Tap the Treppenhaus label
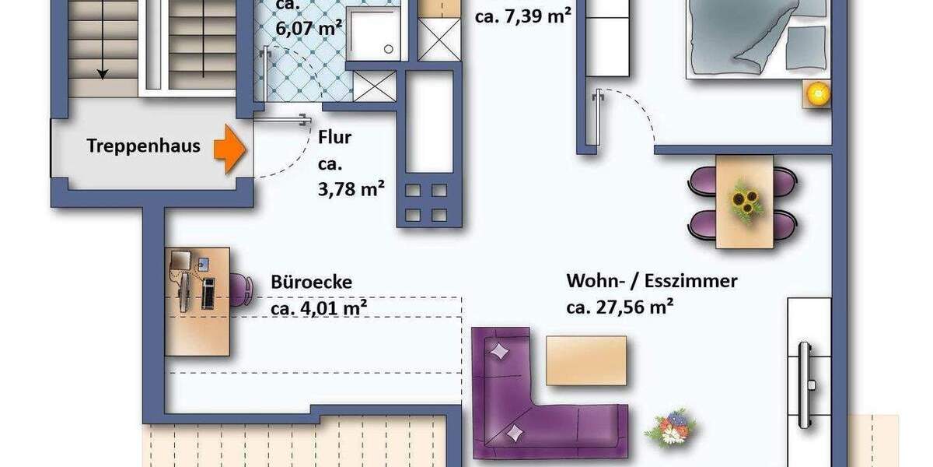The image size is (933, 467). pyautogui.click(x=143, y=146)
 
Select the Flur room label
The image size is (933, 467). pyautogui.click(x=334, y=139)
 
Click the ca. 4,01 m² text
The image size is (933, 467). pyautogui.click(x=319, y=308)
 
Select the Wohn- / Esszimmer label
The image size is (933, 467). pyautogui.click(x=652, y=281)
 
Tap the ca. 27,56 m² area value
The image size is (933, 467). pyautogui.click(x=619, y=307)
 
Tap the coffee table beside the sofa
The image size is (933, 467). pyautogui.click(x=585, y=360)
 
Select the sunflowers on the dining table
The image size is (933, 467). pyautogui.click(x=745, y=202)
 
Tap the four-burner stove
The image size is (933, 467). pyautogui.click(x=426, y=202)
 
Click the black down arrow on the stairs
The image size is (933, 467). pyautogui.click(x=102, y=72)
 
